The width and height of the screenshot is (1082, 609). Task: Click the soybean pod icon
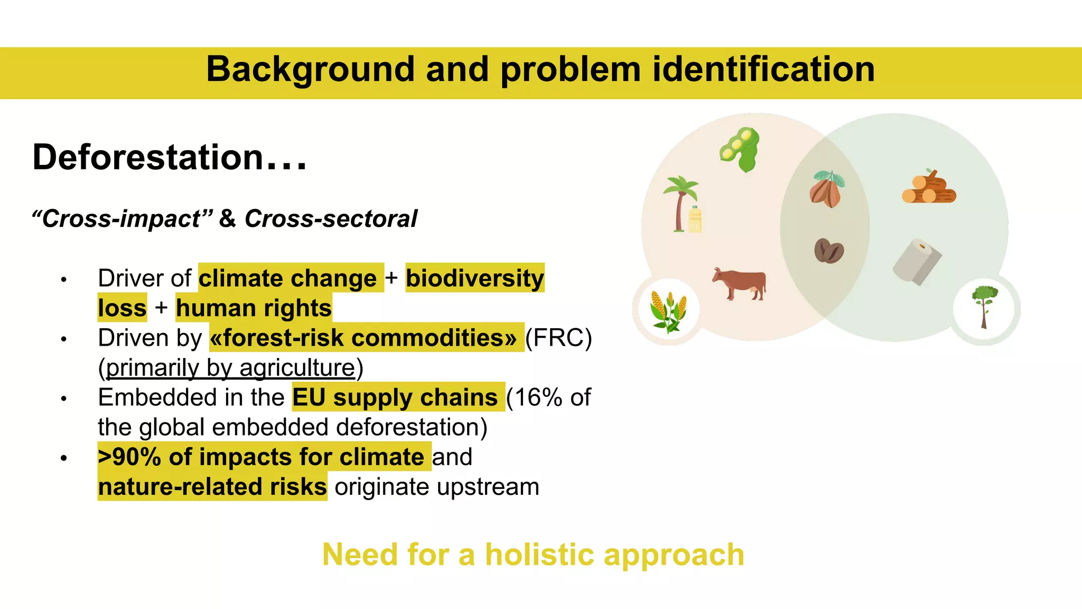pos(740,150)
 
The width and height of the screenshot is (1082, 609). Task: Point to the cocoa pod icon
pos(826,189)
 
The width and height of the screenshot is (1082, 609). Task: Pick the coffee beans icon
pos(828,251)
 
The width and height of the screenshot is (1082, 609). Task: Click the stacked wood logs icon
pos(929,187)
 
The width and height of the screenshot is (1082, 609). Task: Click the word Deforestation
pos(148,158)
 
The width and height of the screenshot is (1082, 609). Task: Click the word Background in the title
pos(310,70)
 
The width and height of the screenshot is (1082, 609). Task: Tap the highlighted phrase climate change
pos(288,278)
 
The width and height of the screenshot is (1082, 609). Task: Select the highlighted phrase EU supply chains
pos(395,397)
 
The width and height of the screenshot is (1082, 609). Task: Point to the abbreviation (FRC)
pos(558,338)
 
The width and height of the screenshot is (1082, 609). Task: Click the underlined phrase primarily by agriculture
pos(231,368)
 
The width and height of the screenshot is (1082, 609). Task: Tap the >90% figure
pos(129,457)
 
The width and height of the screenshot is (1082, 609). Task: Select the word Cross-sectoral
pos(331,219)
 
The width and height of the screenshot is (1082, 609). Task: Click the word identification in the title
pos(763,70)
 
